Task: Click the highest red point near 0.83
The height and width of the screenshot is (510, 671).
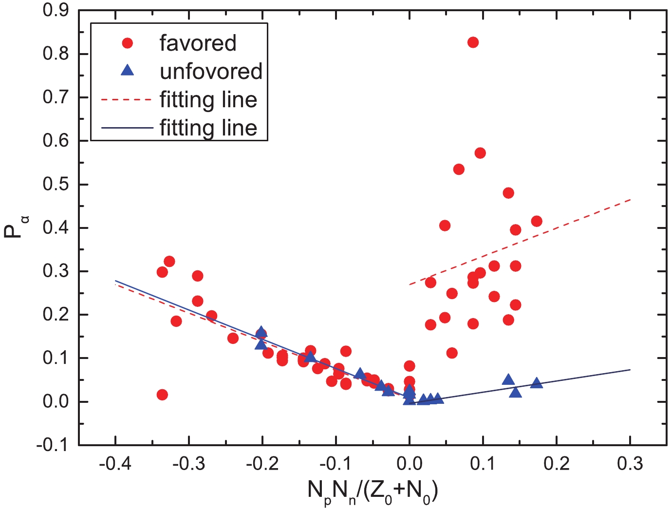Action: [473, 42]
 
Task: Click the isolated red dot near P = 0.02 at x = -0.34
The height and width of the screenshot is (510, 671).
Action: [162, 395]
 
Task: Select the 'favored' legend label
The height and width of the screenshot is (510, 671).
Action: [198, 43]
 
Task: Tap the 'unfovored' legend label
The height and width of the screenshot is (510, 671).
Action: [211, 71]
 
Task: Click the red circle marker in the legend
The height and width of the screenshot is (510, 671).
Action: [128, 43]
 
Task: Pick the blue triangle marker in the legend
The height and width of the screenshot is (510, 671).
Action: [128, 71]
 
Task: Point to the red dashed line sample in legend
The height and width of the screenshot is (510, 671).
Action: [127, 99]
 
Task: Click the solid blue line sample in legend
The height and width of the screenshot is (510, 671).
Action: [127, 128]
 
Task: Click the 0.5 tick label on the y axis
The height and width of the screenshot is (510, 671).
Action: [56, 185]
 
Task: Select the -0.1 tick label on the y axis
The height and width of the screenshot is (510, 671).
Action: [54, 445]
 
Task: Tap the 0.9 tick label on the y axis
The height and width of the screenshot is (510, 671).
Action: [56, 11]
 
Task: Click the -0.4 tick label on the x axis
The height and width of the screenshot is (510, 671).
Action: [114, 464]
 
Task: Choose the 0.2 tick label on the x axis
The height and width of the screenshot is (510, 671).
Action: [557, 464]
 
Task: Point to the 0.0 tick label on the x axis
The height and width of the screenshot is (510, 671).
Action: [409, 464]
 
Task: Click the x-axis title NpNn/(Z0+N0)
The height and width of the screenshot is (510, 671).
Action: [373, 491]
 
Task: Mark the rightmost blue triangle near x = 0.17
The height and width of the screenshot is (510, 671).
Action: [537, 383]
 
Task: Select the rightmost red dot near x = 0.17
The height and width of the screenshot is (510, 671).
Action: [537, 221]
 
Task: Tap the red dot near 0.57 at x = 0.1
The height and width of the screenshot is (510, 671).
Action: [480, 153]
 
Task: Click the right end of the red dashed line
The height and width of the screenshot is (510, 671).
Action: [630, 200]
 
